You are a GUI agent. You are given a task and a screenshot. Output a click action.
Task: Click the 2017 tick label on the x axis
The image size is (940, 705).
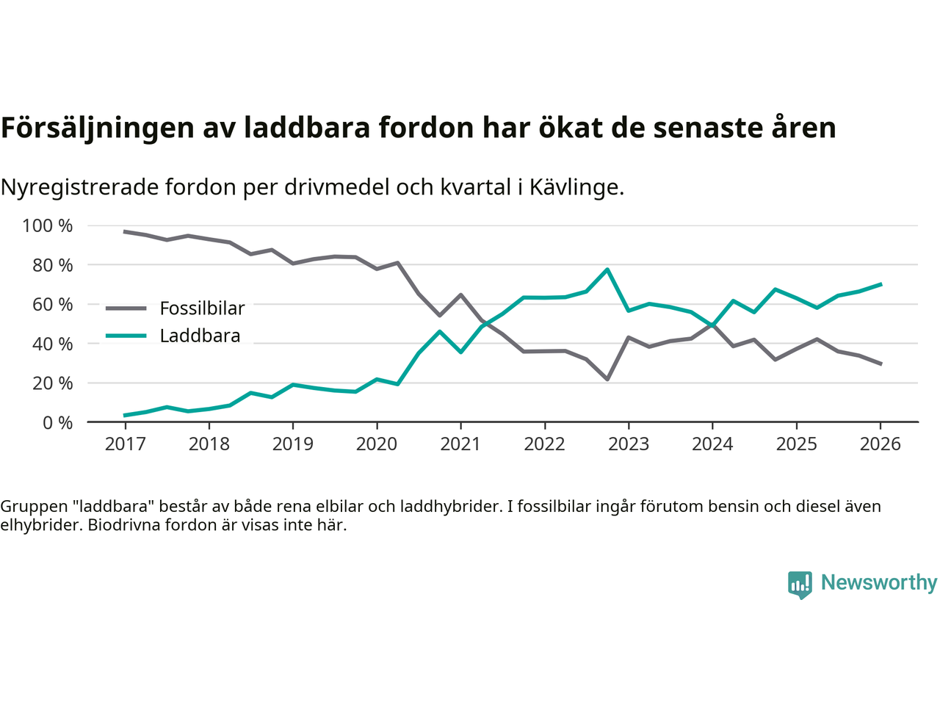click(x=125, y=444)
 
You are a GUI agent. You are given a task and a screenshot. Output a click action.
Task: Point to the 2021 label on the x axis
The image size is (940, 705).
click(x=460, y=444)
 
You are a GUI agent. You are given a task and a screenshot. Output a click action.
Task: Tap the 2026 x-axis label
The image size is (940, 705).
click(x=880, y=444)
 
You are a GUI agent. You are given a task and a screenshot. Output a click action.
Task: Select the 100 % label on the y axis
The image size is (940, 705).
click(x=48, y=225)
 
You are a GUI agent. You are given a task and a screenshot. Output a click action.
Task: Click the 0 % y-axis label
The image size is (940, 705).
click(x=57, y=423)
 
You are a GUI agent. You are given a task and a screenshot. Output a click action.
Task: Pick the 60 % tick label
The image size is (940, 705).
click(x=52, y=305)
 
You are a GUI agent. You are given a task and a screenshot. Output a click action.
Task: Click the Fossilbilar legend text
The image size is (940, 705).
click(x=202, y=308)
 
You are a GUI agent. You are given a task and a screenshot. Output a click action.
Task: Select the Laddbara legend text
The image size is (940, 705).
click(x=200, y=336)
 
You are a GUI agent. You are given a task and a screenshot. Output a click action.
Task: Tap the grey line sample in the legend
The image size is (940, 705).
click(x=126, y=308)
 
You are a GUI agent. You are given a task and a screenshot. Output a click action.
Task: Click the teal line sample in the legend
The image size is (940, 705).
click(x=126, y=336)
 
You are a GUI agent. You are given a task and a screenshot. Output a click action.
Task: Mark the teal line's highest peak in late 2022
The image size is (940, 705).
click(x=607, y=270)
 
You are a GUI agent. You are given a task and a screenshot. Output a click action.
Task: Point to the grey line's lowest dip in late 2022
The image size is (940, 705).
click(x=607, y=379)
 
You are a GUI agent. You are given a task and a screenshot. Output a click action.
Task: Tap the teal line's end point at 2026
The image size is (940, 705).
click(x=881, y=284)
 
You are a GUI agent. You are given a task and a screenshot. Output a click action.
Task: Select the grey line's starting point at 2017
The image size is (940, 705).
click(x=125, y=232)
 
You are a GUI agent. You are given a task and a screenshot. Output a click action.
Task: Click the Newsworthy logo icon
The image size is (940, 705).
click(x=800, y=585)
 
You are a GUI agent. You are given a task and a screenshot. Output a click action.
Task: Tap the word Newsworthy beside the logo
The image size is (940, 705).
click(x=878, y=583)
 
